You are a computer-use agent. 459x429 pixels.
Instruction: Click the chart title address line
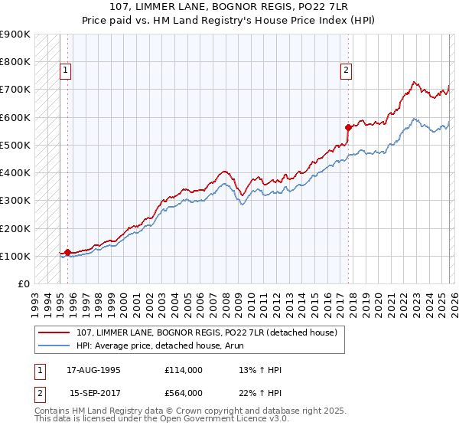tap(229, 7)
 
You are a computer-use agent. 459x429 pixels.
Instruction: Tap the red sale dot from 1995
tap(67, 251)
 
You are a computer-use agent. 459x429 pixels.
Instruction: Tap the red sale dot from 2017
tap(348, 127)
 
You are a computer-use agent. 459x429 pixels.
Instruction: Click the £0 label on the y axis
tap(23, 283)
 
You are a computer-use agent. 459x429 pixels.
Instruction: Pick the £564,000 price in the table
tap(184, 392)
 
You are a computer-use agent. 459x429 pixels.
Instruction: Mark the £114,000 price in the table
tap(184, 369)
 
